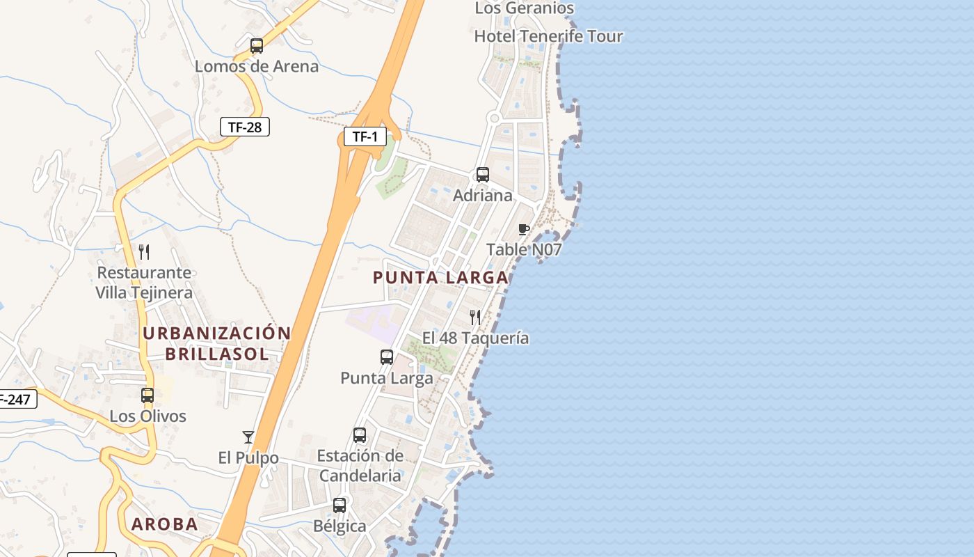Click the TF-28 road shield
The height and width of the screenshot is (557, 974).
244,127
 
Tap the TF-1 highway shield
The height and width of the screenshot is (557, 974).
365,136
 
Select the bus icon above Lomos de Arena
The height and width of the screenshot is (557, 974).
257,46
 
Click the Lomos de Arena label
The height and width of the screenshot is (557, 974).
257,67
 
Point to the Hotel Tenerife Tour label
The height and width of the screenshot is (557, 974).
548,36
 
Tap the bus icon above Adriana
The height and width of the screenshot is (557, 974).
483,175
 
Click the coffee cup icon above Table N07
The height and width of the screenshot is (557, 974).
524,229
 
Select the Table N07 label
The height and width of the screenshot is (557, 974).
524,249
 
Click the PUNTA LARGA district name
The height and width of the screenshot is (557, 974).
440,278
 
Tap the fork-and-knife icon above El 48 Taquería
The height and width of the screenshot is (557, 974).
476,317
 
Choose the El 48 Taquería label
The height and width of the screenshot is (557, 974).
476,338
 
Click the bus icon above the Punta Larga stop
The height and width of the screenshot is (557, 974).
387,357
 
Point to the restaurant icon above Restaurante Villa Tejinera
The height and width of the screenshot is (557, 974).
144,251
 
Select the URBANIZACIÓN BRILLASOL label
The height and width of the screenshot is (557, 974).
216,343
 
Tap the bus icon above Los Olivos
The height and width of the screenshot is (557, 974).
147,395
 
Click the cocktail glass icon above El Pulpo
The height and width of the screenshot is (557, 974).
248,437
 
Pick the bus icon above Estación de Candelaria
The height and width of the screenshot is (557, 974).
360,435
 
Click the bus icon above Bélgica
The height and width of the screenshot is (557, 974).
340,505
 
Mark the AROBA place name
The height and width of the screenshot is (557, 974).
165,524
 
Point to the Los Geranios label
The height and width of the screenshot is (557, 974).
525,8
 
